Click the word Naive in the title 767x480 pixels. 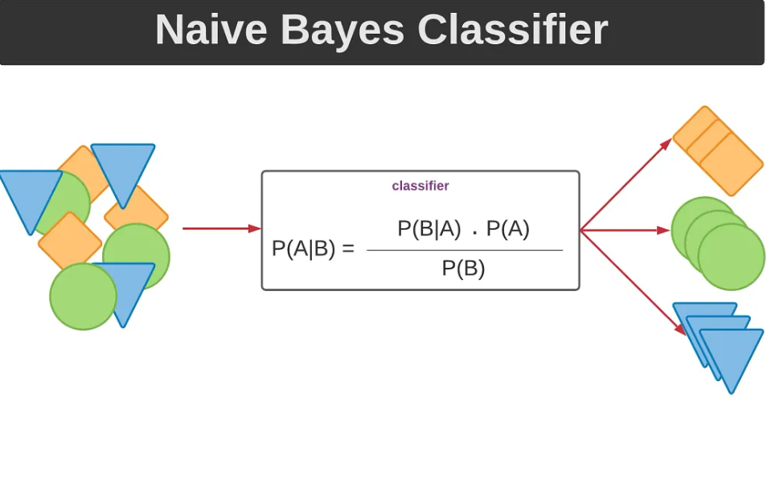click(x=211, y=30)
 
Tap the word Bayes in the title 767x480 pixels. click(x=343, y=30)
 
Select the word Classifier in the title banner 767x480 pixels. click(x=512, y=30)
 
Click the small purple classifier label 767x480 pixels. click(x=420, y=186)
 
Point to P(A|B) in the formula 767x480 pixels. click(x=303, y=248)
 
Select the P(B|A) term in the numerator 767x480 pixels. click(x=429, y=229)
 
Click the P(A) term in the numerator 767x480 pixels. click(x=507, y=229)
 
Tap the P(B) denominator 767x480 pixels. click(x=463, y=269)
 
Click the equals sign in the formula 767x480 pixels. click(x=348, y=249)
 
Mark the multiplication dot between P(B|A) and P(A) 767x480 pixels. click(x=474, y=233)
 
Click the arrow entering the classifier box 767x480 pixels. click(x=221, y=228)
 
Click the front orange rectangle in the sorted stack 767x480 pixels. click(x=731, y=164)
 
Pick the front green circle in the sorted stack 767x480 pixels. click(x=731, y=256)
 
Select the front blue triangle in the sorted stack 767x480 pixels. click(x=731, y=355)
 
